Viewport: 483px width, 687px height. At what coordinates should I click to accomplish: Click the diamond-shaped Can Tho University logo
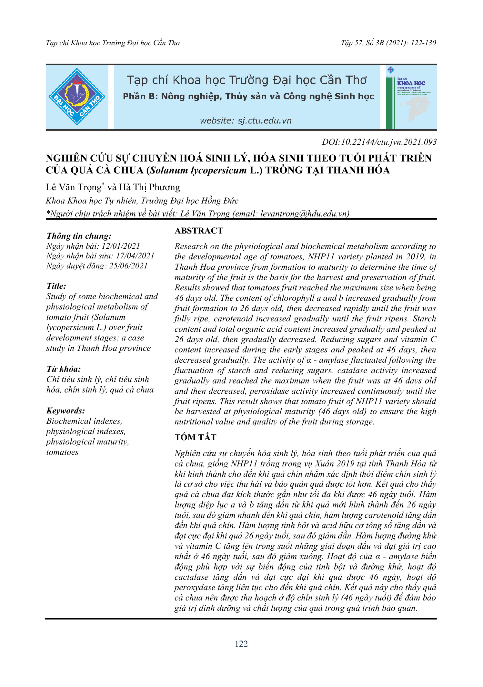77,97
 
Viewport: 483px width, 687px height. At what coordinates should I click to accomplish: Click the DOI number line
379,142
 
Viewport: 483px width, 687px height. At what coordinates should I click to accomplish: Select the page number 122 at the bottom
241,644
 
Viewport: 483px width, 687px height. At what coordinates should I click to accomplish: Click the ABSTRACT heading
199,231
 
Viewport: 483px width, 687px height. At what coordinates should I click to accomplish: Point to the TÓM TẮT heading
196,437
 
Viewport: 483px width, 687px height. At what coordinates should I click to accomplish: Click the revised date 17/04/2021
135,256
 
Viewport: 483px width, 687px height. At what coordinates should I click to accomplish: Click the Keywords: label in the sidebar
66,411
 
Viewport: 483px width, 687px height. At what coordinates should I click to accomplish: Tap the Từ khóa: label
64,369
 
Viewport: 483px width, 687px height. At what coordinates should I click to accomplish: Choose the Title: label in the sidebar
56,286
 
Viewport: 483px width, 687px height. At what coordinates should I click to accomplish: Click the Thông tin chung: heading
79,236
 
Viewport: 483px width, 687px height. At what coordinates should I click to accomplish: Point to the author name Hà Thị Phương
150,187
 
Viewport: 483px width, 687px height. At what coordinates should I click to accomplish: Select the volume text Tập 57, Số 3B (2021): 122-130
388,43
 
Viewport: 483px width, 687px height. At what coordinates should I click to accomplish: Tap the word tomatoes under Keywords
63,452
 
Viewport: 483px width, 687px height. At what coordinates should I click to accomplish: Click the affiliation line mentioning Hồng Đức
142,201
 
